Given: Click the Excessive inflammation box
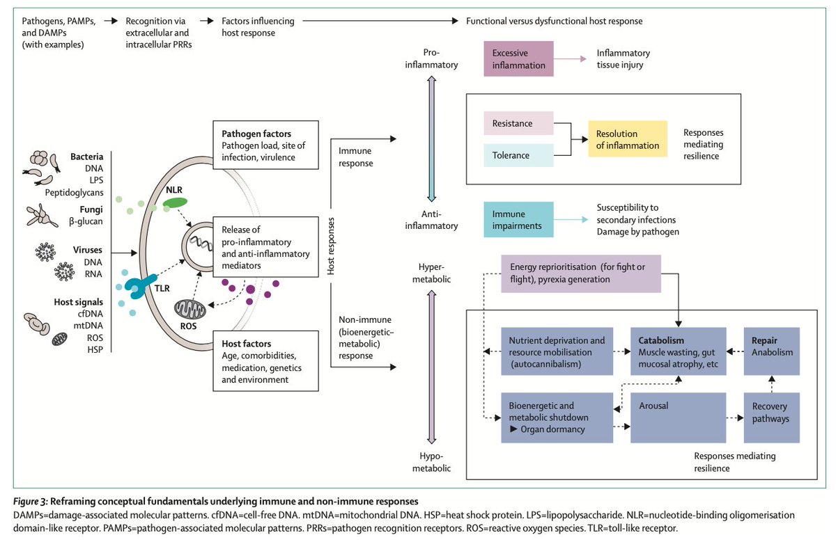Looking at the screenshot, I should [518, 59].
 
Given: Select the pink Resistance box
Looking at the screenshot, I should [518, 124].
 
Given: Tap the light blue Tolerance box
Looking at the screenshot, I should [518, 155].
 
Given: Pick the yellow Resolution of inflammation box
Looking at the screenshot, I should [628, 139].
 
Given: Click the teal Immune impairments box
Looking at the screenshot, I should [518, 221].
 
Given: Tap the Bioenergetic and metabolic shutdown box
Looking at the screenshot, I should [557, 418].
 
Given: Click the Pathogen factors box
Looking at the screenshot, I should [265, 145].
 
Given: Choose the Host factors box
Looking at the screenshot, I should [265, 361].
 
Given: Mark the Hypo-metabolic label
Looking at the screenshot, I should [440, 461].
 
